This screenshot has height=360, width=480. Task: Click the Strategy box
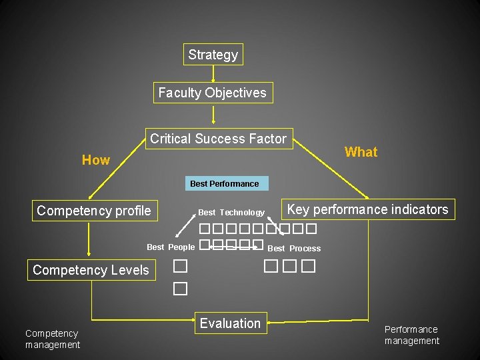coord(213,55)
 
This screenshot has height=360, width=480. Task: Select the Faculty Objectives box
coord(212,93)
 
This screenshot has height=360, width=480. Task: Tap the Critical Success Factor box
coord(218,139)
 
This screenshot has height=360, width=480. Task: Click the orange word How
coord(95,160)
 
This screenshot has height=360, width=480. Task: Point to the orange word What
coord(361,152)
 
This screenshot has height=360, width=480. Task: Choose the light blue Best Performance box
coord(224,183)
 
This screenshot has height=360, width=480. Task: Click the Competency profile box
coord(94,211)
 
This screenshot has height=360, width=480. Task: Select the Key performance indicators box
coord(367,209)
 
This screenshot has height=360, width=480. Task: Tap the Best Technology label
coord(231,213)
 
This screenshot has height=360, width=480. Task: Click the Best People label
coord(171,247)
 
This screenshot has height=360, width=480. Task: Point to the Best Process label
coord(294,249)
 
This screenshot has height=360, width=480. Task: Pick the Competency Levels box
coord(91,270)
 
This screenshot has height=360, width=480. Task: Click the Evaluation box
coord(230,323)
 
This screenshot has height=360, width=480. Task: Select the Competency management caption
coord(52,339)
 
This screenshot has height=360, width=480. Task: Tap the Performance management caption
coord(411,335)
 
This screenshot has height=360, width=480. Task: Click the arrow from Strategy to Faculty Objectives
coord(213,73)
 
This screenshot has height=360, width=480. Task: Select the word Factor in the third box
coord(267,139)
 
